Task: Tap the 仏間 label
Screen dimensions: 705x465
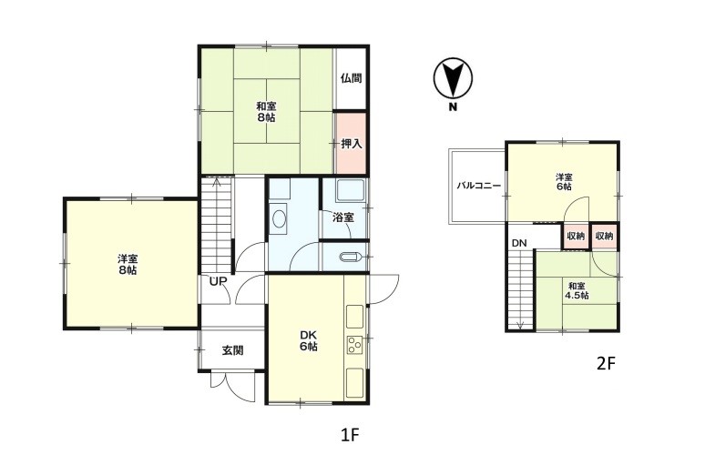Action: [x=352, y=78]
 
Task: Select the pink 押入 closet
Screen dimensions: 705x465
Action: [x=351, y=143]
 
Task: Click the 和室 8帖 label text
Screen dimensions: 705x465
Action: [x=266, y=112]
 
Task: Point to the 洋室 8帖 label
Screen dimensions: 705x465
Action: [x=128, y=265]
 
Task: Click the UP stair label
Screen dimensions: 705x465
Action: [x=218, y=281]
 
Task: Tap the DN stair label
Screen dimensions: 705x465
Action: [x=519, y=244]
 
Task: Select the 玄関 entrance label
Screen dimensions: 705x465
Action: [x=233, y=350]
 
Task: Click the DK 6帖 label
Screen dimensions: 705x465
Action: [x=309, y=340]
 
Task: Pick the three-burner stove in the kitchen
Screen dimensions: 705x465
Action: [x=354, y=345]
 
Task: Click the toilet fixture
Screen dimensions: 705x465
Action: [x=351, y=258]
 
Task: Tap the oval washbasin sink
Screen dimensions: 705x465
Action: [x=280, y=219]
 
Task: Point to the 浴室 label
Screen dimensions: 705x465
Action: [x=343, y=217]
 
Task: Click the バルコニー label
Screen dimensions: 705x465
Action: [x=479, y=185]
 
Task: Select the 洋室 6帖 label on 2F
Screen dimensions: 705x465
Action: [x=564, y=181]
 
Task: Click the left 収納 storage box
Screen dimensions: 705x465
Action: [x=575, y=236]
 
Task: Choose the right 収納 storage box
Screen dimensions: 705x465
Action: [x=604, y=236]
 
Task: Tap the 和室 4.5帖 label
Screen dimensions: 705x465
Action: [x=577, y=290]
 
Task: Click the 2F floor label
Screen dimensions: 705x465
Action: [x=605, y=363]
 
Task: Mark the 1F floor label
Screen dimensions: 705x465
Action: [x=350, y=435]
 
